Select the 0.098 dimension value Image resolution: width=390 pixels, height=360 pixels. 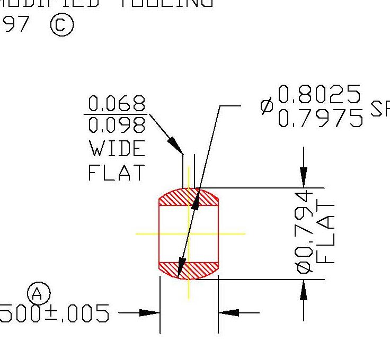pos(117,125)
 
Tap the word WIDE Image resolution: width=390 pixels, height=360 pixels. pos(117,149)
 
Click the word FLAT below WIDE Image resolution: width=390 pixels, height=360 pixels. pos(117,172)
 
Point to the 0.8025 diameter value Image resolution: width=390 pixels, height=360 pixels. pos(319,95)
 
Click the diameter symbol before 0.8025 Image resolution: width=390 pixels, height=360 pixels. pos(267,106)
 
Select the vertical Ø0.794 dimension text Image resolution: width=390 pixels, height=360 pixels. pos(305,233)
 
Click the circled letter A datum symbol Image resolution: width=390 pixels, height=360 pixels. pos(38,293)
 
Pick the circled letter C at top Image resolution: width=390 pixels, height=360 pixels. pos(62,25)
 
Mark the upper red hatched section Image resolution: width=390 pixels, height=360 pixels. pos(189,197)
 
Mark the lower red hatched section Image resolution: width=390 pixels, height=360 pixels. pos(189,270)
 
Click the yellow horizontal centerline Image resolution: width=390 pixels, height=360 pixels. pos(233,233)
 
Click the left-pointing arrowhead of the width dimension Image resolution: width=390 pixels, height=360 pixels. pos(228,313)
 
